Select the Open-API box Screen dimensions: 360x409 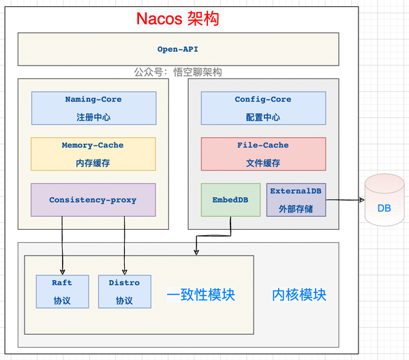pyautogui.click(x=178, y=49)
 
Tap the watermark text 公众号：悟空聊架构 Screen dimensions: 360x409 pyautogui.click(x=178, y=72)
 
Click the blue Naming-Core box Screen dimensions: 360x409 pyautogui.click(x=93, y=107)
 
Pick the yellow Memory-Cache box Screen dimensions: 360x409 pyautogui.click(x=93, y=153)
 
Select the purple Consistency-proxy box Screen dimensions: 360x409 pyautogui.click(x=93, y=200)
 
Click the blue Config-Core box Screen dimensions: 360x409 pyautogui.click(x=262, y=107)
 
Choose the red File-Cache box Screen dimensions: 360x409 pyautogui.click(x=262, y=153)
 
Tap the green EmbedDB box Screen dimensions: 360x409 pyautogui.click(x=230, y=200)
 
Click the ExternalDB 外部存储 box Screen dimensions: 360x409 pyautogui.click(x=295, y=200)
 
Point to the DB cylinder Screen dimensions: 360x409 pyautogui.click(x=384, y=200)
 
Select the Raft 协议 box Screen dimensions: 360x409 pyautogui.click(x=62, y=291)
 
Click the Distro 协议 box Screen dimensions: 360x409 pyautogui.click(x=124, y=291)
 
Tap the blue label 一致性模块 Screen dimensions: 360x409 pyautogui.click(x=201, y=295)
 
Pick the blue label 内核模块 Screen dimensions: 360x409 pyautogui.click(x=299, y=295)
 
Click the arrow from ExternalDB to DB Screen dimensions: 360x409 pyautogui.click(x=344, y=200)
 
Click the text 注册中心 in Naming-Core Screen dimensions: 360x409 pyautogui.click(x=93, y=117)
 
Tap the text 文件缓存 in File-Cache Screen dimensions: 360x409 pyautogui.click(x=262, y=163)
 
